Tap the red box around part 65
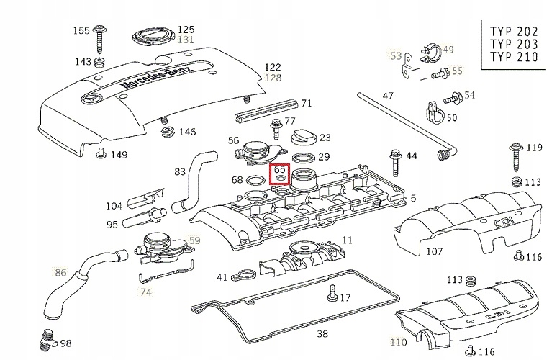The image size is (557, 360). click(x=280, y=174)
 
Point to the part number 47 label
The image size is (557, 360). click(x=388, y=96)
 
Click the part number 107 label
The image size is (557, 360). click(x=434, y=251)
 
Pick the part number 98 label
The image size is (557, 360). click(x=65, y=343)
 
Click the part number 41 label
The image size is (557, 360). click(x=222, y=276)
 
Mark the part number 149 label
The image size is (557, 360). click(x=119, y=154)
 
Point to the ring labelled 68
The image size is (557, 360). click(x=255, y=180)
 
